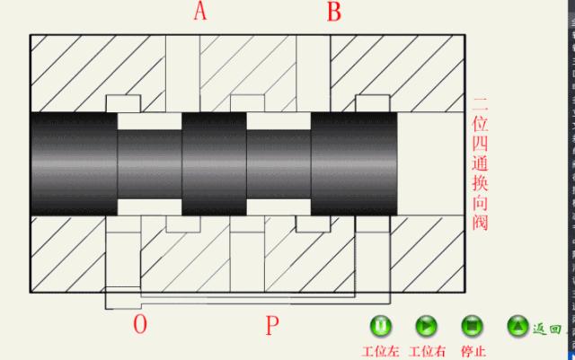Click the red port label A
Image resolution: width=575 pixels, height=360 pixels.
click(199, 12)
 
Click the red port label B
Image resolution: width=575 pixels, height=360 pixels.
click(333, 12)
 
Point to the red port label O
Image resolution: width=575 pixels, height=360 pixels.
click(139, 324)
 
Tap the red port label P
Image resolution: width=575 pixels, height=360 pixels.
click(273, 325)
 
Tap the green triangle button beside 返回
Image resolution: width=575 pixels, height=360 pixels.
click(517, 326)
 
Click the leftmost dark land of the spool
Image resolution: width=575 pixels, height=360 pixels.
click(73, 162)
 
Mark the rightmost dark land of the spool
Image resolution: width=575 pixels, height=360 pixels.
click(354, 162)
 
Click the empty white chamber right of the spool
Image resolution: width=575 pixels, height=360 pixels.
click(430, 162)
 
